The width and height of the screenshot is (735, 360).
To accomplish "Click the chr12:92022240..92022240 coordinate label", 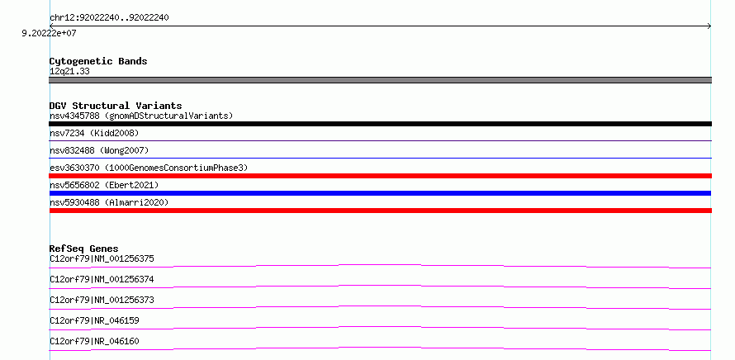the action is click(109, 18).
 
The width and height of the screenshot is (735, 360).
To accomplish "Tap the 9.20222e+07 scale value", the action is click(49, 34).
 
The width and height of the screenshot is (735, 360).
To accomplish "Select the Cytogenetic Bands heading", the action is click(98, 61).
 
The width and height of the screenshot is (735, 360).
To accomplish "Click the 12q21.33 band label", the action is click(69, 72).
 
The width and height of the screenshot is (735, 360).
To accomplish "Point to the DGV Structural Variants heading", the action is click(116, 106).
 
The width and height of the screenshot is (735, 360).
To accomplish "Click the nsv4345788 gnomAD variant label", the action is click(141, 116).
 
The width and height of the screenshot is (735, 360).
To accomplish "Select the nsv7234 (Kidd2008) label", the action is click(94, 133).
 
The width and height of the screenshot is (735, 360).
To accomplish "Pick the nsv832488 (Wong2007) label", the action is click(99, 150).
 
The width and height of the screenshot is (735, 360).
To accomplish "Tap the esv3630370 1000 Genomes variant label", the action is click(149, 168).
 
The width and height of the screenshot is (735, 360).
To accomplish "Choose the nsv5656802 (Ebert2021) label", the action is click(104, 185).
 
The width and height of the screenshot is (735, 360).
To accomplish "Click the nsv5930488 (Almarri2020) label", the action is click(109, 202).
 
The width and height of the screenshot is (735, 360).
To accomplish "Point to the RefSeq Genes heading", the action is click(84, 249).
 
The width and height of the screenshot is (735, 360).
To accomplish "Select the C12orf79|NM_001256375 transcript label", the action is click(102, 258).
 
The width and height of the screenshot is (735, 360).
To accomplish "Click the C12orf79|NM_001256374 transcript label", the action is click(102, 279).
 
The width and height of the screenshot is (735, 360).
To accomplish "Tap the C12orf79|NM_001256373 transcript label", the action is click(102, 300).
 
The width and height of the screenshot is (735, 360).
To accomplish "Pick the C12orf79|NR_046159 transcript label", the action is click(94, 320).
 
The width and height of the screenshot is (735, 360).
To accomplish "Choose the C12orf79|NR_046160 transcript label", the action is click(94, 341).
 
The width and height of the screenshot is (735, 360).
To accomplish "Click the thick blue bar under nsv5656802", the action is click(380, 193).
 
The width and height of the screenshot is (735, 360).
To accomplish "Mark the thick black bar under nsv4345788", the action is click(380, 124).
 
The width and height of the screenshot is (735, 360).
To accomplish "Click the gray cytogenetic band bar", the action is click(380, 80).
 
